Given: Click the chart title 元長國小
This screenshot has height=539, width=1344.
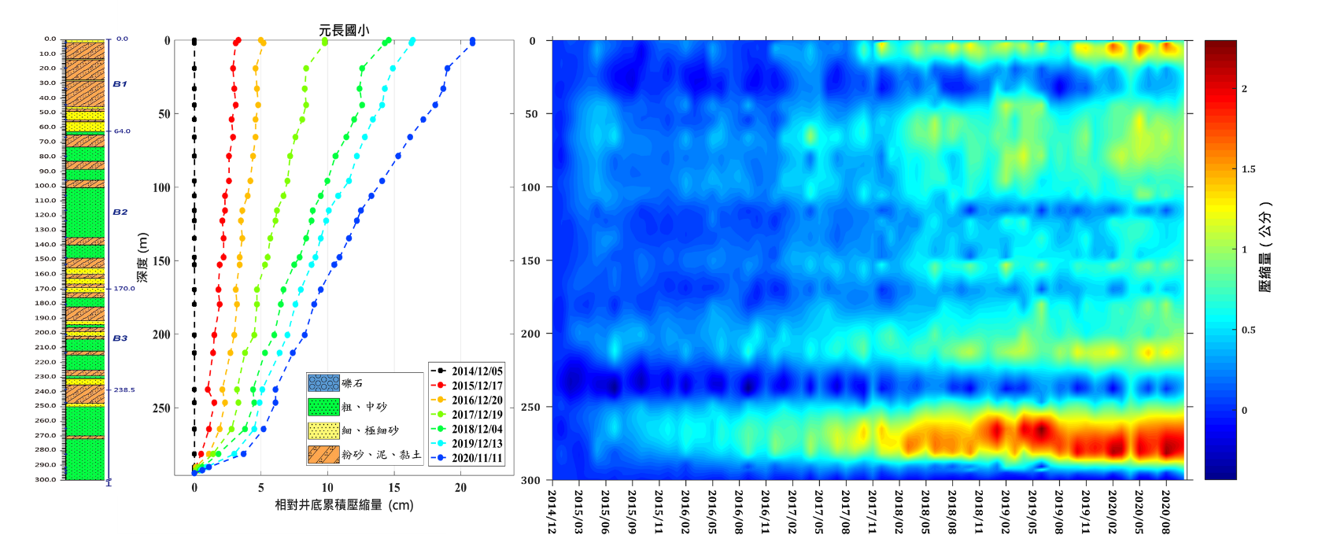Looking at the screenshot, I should coord(344,30).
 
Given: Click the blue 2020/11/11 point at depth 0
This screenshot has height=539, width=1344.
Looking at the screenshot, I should coord(472,41).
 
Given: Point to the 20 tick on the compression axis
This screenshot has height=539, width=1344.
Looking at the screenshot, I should coord(460,488).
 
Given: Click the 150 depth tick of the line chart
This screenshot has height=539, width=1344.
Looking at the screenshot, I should coord(162,261).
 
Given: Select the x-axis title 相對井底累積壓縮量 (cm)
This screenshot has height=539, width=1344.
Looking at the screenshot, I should coord(344,505).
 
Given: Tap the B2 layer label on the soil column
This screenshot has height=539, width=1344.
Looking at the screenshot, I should coord(120,212).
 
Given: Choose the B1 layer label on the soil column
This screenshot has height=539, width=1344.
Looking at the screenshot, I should coord(120,83).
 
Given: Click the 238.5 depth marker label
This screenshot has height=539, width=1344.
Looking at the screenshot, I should coord(124,389).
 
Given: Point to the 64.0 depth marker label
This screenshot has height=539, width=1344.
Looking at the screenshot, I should coord(122,131).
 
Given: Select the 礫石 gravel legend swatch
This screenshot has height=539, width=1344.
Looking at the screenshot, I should coord(323,383).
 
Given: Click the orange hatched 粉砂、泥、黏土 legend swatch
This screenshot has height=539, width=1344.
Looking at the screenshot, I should coord(323,454).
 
